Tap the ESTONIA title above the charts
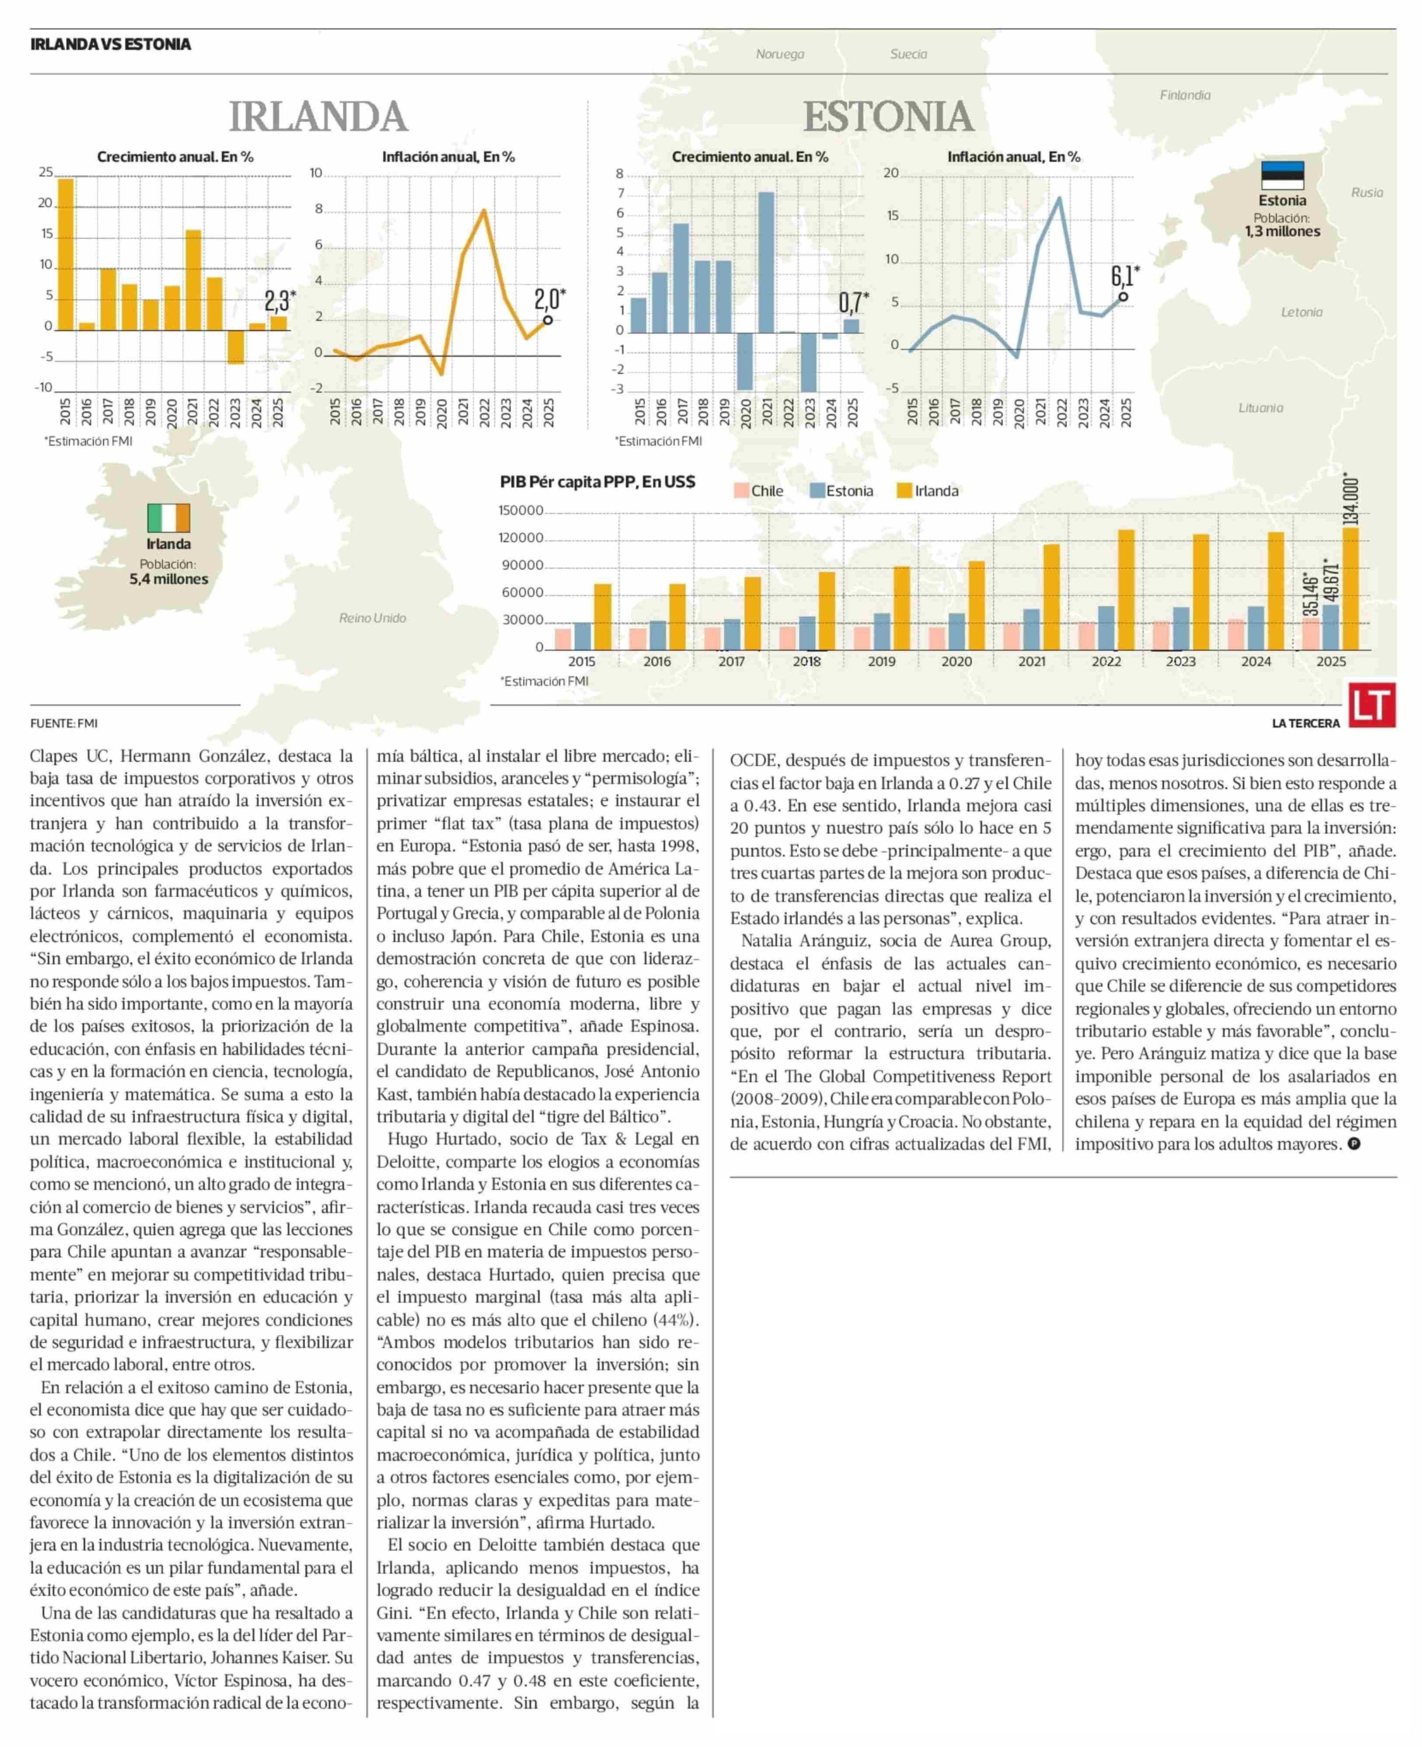click(889, 116)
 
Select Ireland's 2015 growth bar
click(65, 254)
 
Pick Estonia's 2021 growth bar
click(767, 262)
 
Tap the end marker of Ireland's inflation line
click(547, 321)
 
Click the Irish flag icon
click(169, 518)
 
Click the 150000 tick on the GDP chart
click(521, 510)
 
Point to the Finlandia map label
click(1184, 95)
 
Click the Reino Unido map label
click(373, 618)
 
